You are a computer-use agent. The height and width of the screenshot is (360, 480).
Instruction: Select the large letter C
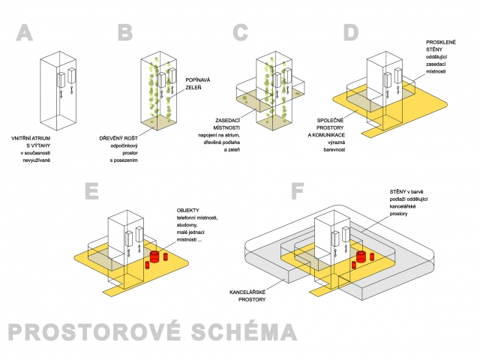pyautogui.click(x=240, y=33)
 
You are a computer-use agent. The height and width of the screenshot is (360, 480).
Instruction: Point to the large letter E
pyautogui.click(x=93, y=190)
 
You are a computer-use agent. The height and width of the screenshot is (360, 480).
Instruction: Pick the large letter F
pyautogui.click(x=298, y=190)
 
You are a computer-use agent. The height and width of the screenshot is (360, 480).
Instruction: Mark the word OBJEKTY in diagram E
pyautogui.click(x=189, y=208)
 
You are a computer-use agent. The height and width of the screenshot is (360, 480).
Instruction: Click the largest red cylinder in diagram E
pyautogui.click(x=155, y=257)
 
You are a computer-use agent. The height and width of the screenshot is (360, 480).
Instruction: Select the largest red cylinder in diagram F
pyautogui.click(x=361, y=257)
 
